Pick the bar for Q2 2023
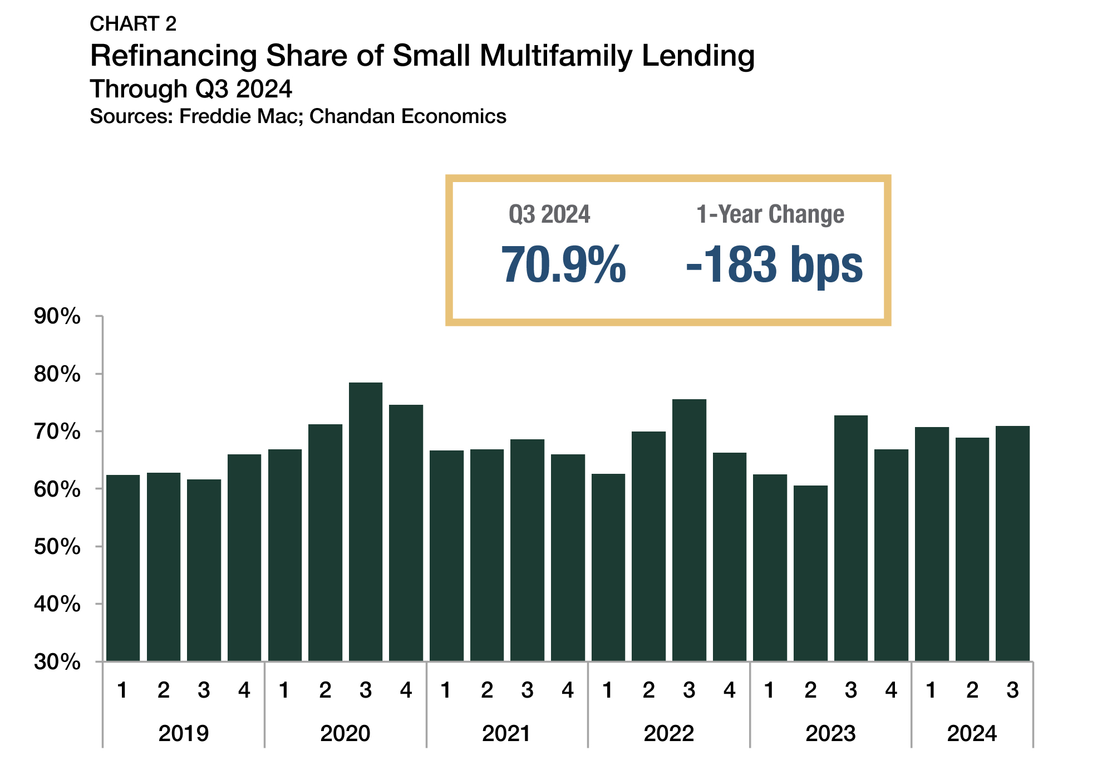810,573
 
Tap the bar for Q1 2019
123,568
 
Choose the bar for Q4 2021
568,557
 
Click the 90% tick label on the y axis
57,316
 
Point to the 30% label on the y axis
57,662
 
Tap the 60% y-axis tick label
57,489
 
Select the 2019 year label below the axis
184,733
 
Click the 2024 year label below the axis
972,733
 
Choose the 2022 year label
669,733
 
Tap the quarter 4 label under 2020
406,690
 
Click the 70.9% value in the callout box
563,265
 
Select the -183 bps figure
774,265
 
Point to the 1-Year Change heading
770,214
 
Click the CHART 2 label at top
133,23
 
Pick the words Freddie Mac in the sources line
240,116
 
